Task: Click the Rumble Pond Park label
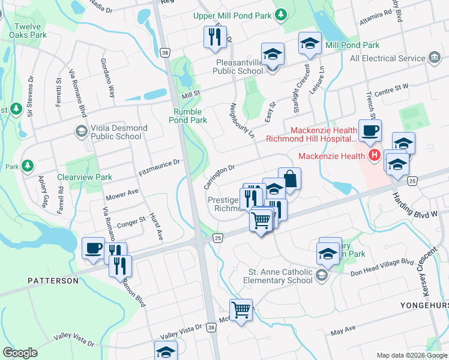click(x=190, y=116)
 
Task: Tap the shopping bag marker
click(x=289, y=179)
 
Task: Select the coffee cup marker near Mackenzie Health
click(x=370, y=130)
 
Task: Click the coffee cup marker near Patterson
click(x=93, y=247)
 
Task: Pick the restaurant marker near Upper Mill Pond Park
click(x=214, y=37)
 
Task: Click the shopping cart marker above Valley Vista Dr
click(x=241, y=310)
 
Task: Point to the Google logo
click(x=20, y=353)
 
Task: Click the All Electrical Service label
click(x=388, y=58)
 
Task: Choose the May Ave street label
click(x=343, y=331)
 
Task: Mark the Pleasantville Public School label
click(x=238, y=66)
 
